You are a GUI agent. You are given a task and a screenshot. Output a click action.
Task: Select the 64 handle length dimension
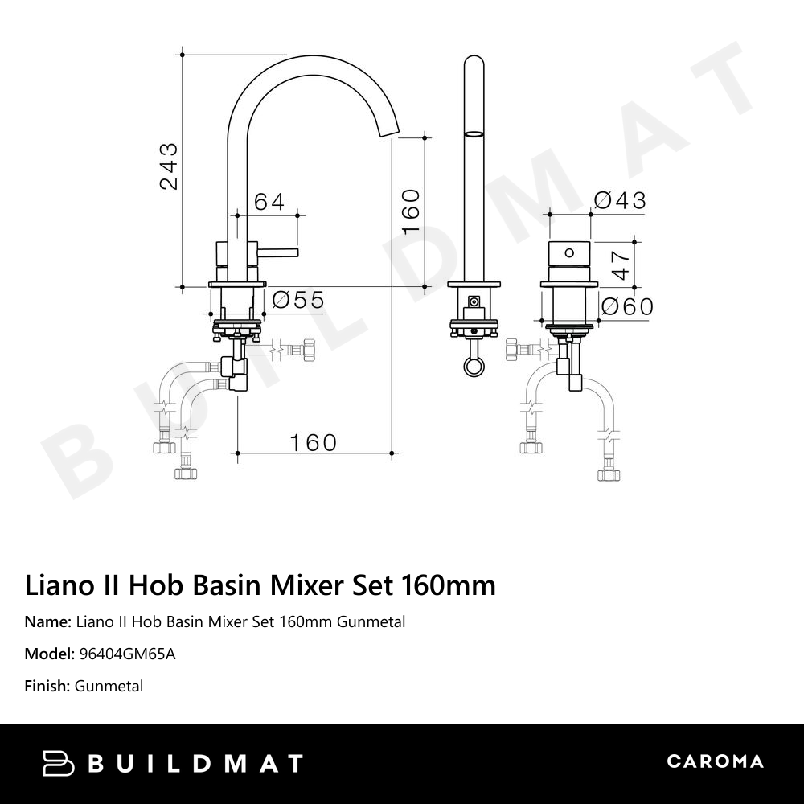coord(269,202)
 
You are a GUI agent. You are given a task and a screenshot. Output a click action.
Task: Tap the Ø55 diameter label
coord(297,301)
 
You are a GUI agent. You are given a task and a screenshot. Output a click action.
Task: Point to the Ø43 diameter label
coord(619,200)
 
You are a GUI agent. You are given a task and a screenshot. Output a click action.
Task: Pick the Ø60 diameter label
coord(627,306)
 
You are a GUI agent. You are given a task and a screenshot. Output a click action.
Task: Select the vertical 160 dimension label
coord(410,211)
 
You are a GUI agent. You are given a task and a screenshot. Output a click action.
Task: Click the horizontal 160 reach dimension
coord(313,442)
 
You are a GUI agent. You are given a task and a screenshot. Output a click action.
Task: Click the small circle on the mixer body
coord(570,253)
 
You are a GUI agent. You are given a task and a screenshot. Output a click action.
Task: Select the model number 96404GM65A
coord(126,654)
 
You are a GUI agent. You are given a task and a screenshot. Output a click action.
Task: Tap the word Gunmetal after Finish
coord(109,686)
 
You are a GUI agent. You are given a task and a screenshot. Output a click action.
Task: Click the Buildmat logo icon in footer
coord(58,763)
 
